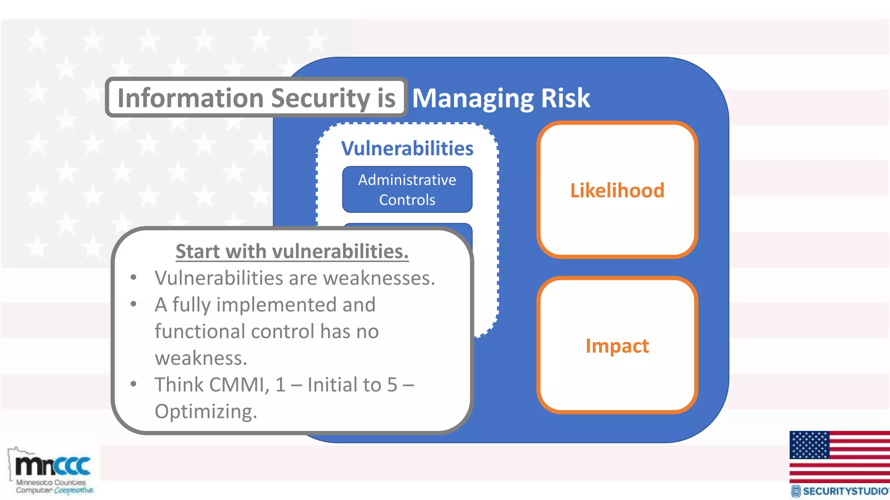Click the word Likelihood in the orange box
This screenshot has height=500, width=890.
[617, 191]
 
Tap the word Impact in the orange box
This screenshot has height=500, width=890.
[617, 346]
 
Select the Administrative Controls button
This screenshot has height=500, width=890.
[407, 190]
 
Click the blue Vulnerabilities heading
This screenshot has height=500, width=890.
[407, 148]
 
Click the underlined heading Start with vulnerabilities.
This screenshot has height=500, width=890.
[292, 251]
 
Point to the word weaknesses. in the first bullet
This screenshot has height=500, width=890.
[379, 278]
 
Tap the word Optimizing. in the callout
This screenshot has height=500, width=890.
[206, 411]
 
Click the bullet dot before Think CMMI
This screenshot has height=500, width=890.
[134, 384]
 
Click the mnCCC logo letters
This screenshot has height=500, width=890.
[53, 466]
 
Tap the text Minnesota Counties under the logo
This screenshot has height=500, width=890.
[51, 482]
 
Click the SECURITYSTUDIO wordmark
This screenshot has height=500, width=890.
[845, 491]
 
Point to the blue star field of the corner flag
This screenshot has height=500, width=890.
[809, 445]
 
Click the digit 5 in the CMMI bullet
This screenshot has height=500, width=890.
[392, 385]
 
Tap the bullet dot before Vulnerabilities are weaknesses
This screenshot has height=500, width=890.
[134, 277]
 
